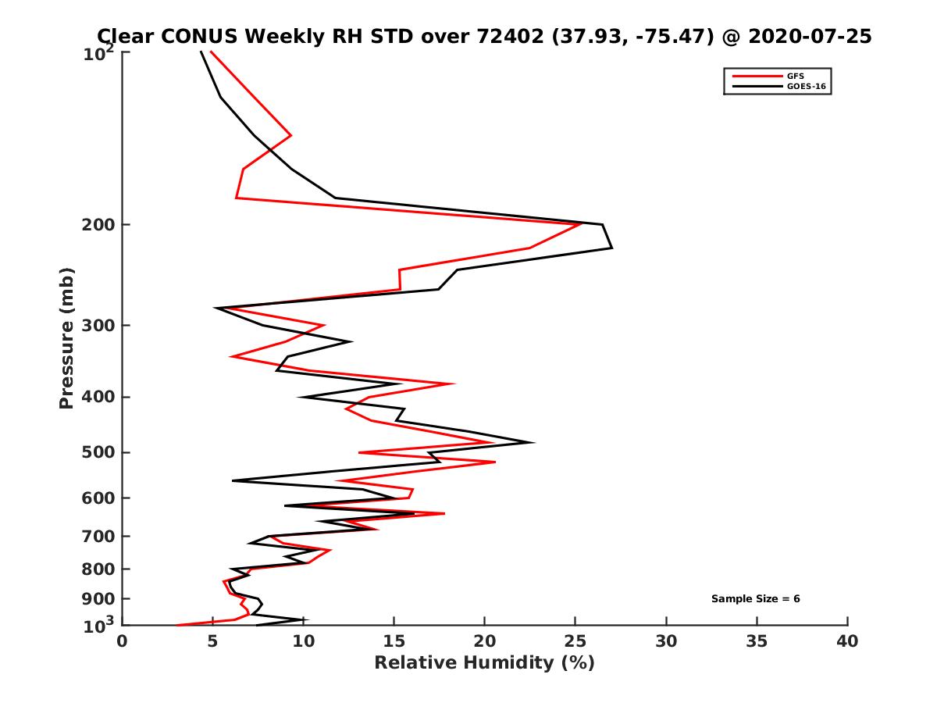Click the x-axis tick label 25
tap(575, 642)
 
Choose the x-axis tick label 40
tap(848, 642)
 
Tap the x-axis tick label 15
tap(394, 642)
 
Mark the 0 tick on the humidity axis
tap(123, 642)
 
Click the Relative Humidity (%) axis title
tap(484, 664)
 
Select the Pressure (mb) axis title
tap(66, 337)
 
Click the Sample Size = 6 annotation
tap(755, 599)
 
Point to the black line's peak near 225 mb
tap(611, 248)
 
